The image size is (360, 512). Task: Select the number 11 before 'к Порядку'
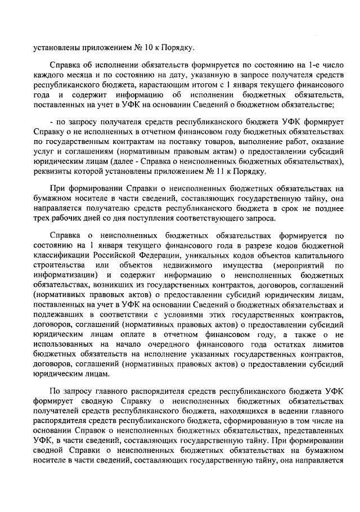tap(211, 172)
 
